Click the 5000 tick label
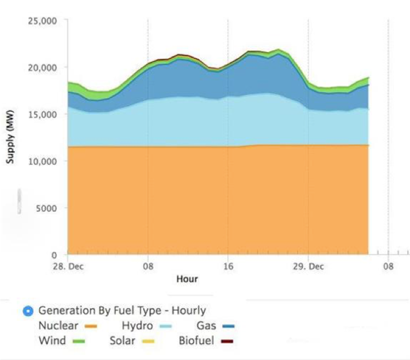coord(47,208)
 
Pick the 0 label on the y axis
coord(54,255)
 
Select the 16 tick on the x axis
coord(228,267)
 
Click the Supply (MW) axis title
coord(10,138)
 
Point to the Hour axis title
coord(187,279)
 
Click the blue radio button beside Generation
coord(28,312)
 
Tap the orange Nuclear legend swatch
coord(90,327)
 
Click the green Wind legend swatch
coord(78,341)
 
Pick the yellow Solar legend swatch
coord(149,341)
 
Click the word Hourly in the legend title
coord(187,311)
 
